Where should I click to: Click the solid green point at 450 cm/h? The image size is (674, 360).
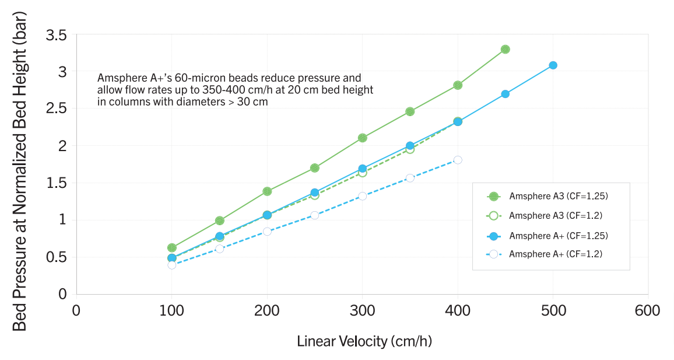(505, 50)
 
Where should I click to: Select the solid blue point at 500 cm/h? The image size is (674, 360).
(553, 65)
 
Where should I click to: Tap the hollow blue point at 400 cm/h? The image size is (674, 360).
(458, 160)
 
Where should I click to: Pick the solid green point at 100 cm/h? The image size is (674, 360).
(172, 248)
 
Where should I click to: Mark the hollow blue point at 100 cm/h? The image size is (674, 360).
(172, 265)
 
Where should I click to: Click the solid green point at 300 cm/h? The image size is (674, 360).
(362, 138)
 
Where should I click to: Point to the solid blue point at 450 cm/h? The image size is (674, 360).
(505, 94)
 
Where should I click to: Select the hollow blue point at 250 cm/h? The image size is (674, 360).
(315, 215)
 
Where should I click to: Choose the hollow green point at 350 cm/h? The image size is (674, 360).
(410, 149)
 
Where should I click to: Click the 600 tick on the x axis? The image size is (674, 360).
(648, 310)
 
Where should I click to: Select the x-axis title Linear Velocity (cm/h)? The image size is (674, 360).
(364, 341)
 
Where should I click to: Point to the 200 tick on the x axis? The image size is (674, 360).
(267, 310)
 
